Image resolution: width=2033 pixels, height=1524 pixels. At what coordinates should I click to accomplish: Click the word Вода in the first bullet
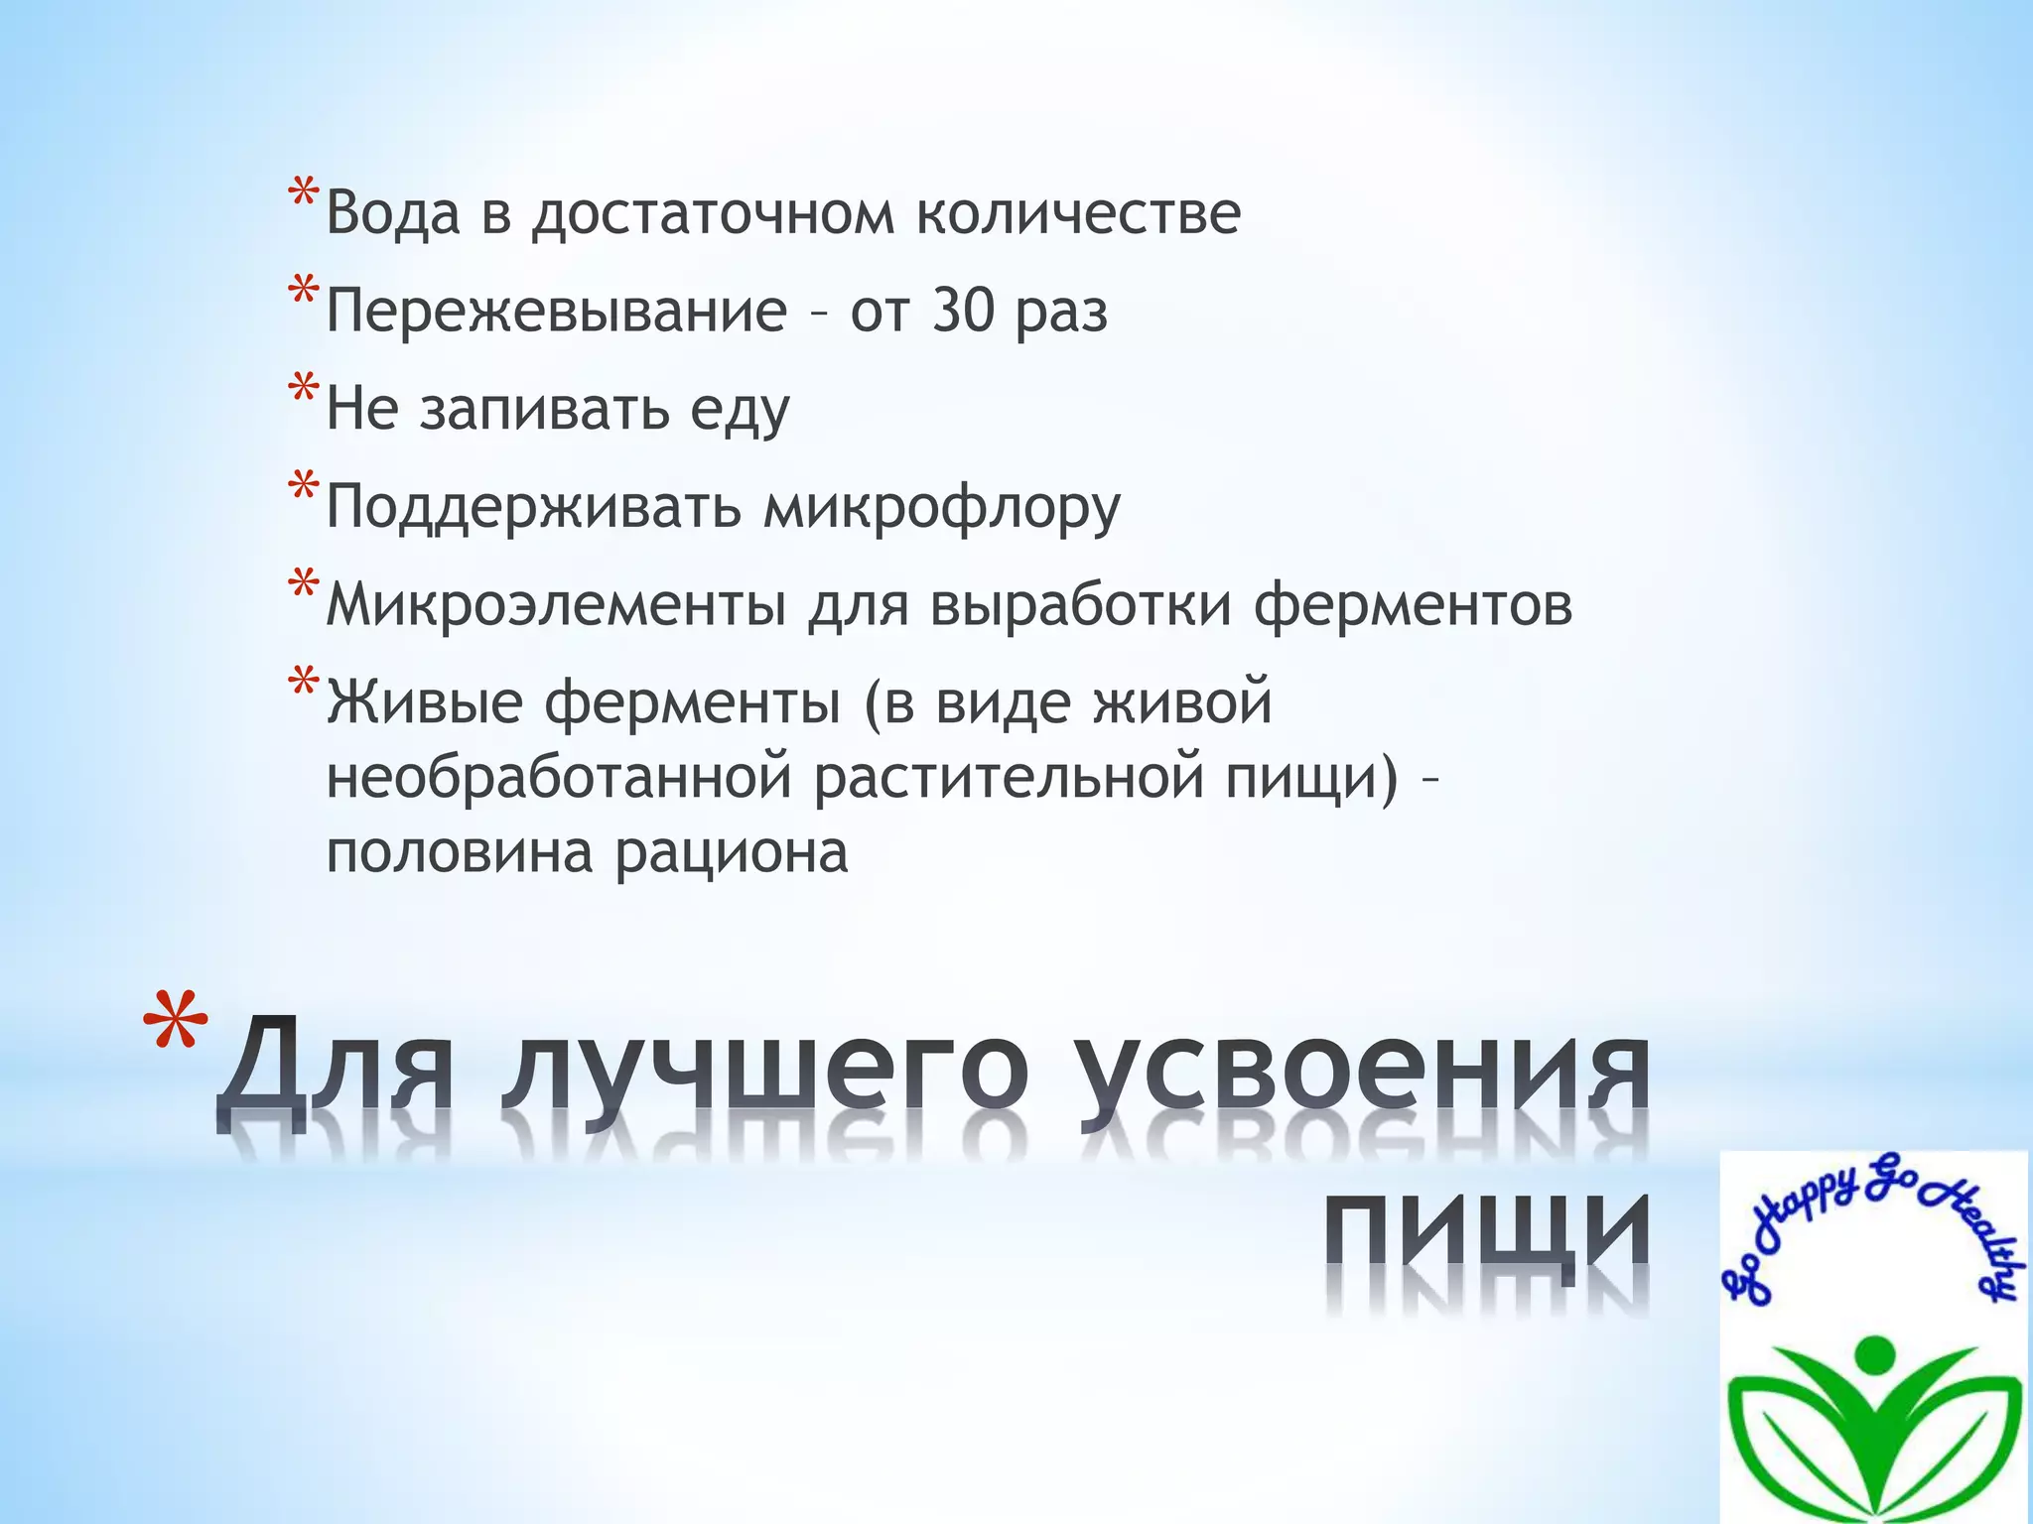point(393,213)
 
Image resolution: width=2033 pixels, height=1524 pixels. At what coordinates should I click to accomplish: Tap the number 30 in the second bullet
point(962,312)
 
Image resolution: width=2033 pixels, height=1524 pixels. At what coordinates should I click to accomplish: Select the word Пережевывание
point(556,312)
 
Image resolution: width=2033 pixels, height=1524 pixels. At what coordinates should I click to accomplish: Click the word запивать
point(544,409)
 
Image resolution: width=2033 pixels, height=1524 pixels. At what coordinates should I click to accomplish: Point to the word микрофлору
point(941,508)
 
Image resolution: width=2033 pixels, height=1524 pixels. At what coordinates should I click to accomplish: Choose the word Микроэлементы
point(556,604)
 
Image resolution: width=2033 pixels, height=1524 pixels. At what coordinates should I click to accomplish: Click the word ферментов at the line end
point(1413,604)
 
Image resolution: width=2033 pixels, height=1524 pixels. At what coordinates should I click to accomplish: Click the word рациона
point(732,852)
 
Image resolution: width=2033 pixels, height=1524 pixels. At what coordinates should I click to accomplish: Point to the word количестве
point(1077,213)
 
